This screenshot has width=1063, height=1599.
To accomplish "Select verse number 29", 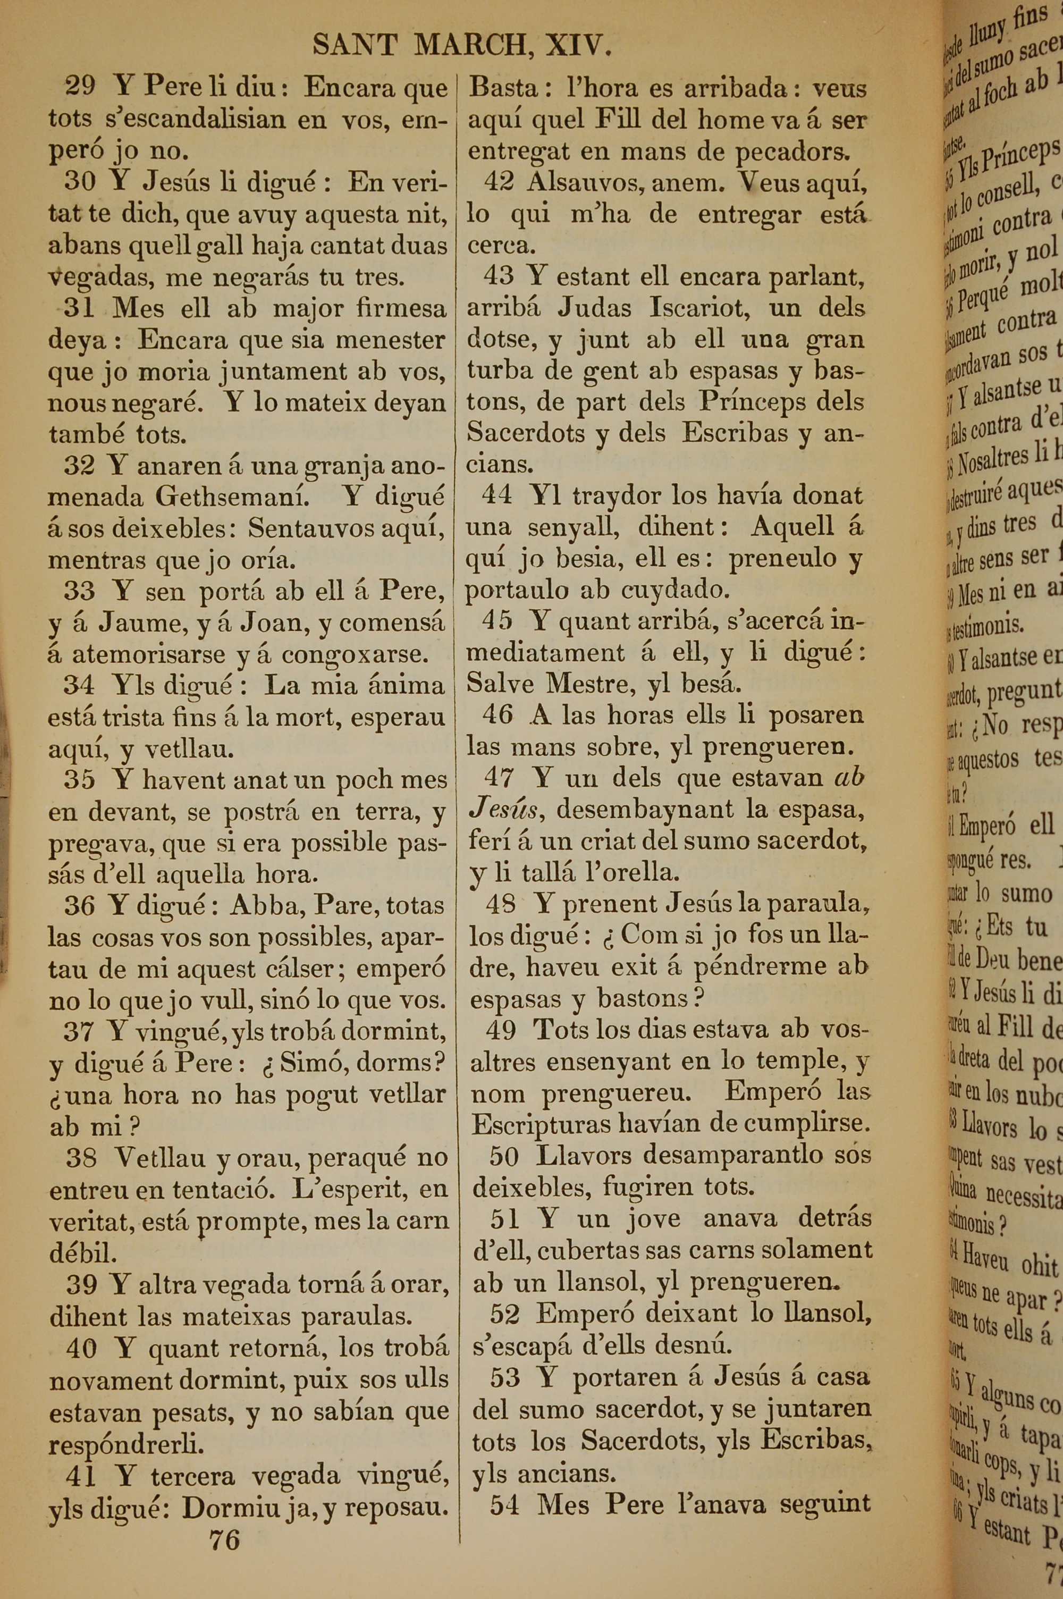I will click(80, 87).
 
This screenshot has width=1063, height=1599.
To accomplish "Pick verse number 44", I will click(497, 495).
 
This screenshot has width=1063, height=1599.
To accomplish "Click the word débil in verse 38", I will click(82, 1253).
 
